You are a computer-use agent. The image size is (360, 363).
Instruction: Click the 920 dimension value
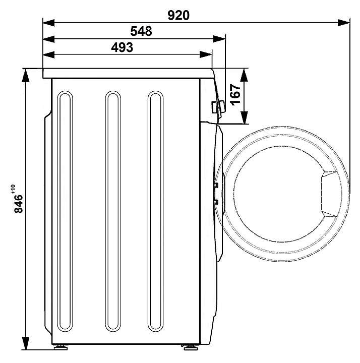pyautogui.click(x=178, y=16)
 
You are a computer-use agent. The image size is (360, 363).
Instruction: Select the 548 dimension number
pyautogui.click(x=141, y=31)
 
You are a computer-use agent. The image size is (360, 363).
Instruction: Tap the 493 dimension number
pyautogui.click(x=122, y=47)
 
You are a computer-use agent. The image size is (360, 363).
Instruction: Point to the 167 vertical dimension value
pyautogui.click(x=235, y=94)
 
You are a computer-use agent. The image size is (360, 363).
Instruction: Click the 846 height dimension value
pyautogui.click(x=19, y=204)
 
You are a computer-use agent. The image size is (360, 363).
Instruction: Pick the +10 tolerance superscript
pyautogui.click(x=13, y=189)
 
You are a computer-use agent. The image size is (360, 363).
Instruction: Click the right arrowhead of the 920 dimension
pyautogui.click(x=344, y=23)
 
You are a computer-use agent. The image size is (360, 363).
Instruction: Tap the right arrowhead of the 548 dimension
pyautogui.click(x=219, y=39)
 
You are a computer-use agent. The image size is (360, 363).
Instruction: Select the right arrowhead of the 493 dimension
pyautogui.click(x=206, y=54)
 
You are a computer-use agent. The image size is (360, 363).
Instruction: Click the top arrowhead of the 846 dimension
pyautogui.click(x=26, y=75)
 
